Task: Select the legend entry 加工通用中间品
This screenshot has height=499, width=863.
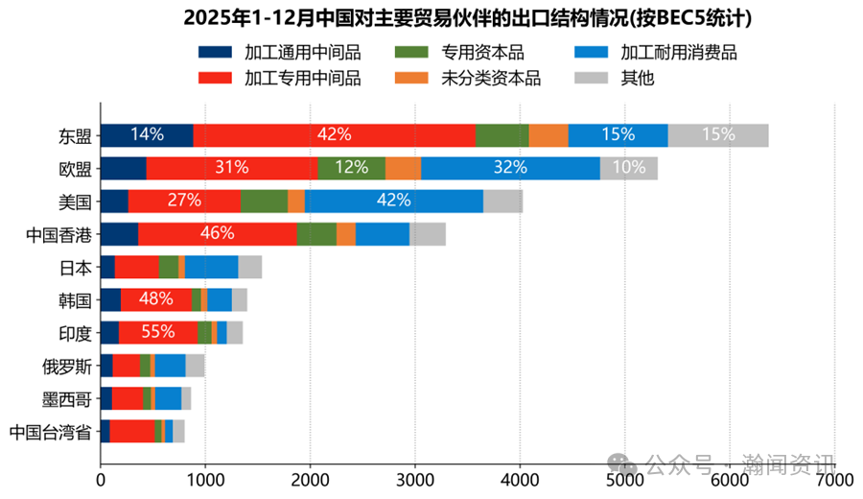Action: coord(279,54)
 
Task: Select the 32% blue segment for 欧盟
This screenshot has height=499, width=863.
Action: coord(510,168)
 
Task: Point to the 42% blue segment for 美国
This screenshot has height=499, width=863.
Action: coord(394,201)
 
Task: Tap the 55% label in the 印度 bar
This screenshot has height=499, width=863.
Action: coord(157,332)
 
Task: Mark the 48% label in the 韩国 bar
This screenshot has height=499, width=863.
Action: coord(155,299)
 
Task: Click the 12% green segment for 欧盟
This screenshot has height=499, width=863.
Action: coord(351,168)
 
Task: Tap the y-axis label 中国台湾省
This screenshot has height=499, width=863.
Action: coord(50,431)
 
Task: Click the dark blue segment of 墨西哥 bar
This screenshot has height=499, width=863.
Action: coord(105,398)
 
